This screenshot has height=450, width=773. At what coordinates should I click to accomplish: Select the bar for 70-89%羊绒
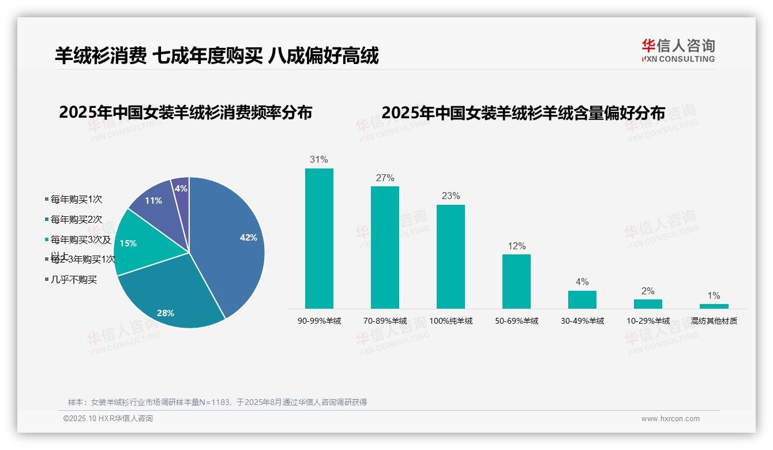[x=385, y=247]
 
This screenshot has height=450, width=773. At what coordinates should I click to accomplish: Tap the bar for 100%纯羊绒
[x=451, y=257]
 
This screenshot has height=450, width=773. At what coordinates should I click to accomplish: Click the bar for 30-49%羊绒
[x=582, y=299]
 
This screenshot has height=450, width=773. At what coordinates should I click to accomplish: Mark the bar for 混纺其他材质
[x=714, y=306]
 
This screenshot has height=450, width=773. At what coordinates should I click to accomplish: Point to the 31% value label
[x=319, y=160]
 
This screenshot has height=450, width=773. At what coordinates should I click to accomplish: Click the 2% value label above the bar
[x=648, y=291]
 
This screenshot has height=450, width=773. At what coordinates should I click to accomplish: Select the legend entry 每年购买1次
[x=76, y=200]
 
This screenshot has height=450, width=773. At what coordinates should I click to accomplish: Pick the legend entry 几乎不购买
[x=74, y=280]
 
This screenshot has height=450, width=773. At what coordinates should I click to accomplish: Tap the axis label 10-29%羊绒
[x=648, y=321]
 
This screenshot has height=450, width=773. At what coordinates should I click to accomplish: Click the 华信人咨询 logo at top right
[x=678, y=50]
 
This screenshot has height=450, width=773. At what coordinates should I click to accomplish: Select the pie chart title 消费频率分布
[x=185, y=112]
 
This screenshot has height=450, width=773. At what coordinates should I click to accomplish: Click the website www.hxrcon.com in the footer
[x=670, y=419]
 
